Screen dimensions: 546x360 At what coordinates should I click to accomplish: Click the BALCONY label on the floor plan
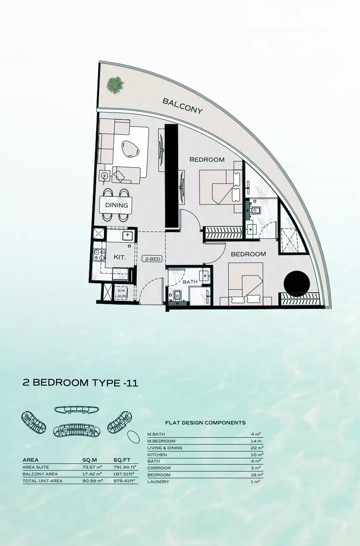pyautogui.click(x=183, y=106)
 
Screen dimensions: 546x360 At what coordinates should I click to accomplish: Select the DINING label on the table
pyautogui.click(x=117, y=205)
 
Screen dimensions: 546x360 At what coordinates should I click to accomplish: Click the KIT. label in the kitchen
pyautogui.click(x=119, y=257)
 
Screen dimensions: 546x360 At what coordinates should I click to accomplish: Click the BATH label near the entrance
pyautogui.click(x=190, y=282)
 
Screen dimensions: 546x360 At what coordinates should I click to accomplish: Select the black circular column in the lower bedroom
pyautogui.click(x=297, y=284)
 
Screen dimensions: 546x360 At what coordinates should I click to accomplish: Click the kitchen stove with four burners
pyautogui.click(x=99, y=255)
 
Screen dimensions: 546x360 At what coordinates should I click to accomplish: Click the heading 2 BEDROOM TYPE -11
pyautogui.click(x=80, y=383)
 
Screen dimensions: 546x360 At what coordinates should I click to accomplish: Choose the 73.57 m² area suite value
pyautogui.click(x=92, y=467)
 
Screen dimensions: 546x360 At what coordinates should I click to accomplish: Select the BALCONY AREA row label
pyautogui.click(x=40, y=474)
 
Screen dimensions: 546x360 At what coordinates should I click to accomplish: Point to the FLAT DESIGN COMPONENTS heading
pyautogui.click(x=205, y=423)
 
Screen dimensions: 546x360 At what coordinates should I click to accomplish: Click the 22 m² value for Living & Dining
pyautogui.click(x=257, y=448)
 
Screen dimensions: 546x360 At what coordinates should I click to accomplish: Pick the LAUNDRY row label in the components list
pyautogui.click(x=158, y=482)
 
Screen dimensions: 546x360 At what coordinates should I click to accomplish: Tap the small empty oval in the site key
pyautogui.click(x=134, y=437)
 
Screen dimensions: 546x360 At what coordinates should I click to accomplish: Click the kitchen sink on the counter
pyautogui.click(x=127, y=235)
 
